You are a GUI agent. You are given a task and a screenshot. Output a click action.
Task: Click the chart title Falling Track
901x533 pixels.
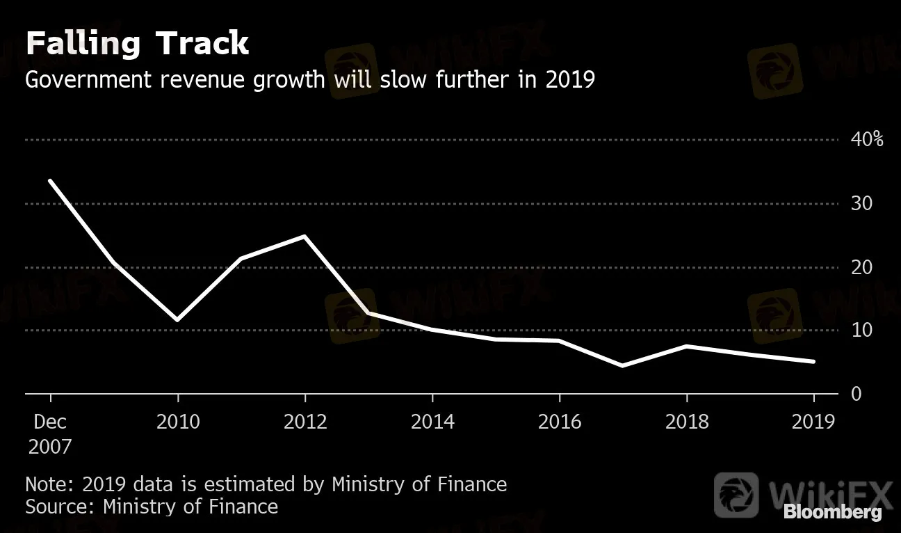(x=137, y=44)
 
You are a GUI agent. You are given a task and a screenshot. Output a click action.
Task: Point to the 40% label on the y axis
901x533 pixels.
(x=867, y=140)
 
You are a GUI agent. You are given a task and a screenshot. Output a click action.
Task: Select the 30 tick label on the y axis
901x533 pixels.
(x=861, y=204)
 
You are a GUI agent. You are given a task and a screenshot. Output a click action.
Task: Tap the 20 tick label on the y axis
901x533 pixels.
(x=861, y=267)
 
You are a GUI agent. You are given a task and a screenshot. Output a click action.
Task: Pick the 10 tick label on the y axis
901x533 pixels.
(x=861, y=331)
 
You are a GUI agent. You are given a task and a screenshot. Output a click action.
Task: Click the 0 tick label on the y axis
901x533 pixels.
(x=856, y=395)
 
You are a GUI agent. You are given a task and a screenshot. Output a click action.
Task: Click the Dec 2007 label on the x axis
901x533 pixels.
(x=50, y=433)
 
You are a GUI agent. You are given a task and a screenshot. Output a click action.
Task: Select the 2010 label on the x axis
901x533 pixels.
(x=178, y=422)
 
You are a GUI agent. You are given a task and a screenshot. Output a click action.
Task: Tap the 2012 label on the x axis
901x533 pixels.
(x=305, y=422)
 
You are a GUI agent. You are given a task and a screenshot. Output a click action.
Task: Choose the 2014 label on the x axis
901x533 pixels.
(x=432, y=422)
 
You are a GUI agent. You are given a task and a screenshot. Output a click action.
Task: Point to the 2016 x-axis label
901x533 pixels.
(x=560, y=422)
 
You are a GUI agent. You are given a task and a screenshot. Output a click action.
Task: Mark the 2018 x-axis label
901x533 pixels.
(x=687, y=422)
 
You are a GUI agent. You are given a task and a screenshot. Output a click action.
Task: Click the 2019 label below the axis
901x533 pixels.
(x=813, y=422)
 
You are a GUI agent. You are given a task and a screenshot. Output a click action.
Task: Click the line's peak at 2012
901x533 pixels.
(x=305, y=237)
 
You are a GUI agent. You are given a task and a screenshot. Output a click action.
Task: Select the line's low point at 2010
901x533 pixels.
(x=177, y=319)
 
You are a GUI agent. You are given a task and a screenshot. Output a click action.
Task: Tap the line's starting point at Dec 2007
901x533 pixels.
(x=50, y=181)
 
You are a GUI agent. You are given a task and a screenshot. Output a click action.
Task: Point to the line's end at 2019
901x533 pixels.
(x=813, y=362)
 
